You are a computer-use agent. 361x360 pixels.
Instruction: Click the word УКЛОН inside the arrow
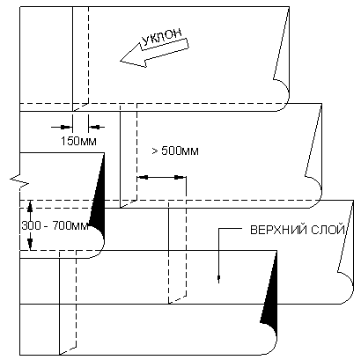pyautogui.click(x=162, y=37)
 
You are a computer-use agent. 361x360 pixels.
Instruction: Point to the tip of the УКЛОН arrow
pyautogui.click(x=121, y=61)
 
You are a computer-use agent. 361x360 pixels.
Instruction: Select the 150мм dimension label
pyautogui.click(x=78, y=141)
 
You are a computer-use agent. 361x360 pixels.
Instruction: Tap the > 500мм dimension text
pyautogui.click(x=175, y=151)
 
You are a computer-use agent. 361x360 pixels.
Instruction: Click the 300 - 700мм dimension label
pyautogui.click(x=55, y=226)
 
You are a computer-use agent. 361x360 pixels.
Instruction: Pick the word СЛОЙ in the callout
pyautogui.click(x=328, y=230)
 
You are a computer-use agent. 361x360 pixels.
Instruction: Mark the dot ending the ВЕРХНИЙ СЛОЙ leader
pyautogui.click(x=218, y=277)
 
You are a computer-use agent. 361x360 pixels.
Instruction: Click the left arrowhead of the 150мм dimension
pyautogui.click(x=66, y=127)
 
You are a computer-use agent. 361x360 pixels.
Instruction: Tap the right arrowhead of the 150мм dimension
pyautogui.click(x=94, y=127)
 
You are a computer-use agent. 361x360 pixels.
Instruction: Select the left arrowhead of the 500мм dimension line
pyautogui.click(x=143, y=177)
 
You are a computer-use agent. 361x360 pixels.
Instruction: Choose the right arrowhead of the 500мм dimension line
pyautogui.click(x=180, y=177)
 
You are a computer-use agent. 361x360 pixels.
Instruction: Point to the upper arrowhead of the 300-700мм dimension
pyautogui.click(x=29, y=206)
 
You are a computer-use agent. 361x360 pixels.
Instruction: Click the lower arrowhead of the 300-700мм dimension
pyautogui.click(x=30, y=245)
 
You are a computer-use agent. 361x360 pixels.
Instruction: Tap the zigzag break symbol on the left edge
pyautogui.click(x=19, y=180)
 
